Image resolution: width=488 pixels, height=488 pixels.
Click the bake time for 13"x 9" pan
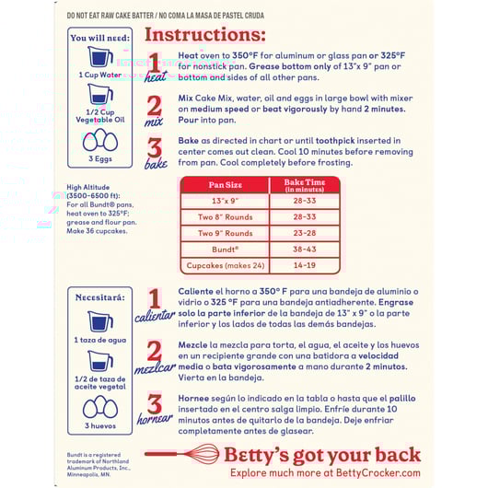(305, 201)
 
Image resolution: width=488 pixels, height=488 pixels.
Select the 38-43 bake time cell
(305, 250)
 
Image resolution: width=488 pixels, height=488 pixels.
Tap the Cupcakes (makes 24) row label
(226, 265)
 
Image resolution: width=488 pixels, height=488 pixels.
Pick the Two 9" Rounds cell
(226, 233)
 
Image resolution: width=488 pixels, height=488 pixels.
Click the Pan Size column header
(226, 185)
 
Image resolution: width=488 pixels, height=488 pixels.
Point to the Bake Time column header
(305, 185)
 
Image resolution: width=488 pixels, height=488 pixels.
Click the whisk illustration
(182, 454)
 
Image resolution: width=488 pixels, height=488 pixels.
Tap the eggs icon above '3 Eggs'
(100, 140)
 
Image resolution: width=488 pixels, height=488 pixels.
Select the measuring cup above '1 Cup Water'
(100, 56)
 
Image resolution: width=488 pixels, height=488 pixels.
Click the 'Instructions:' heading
(205, 35)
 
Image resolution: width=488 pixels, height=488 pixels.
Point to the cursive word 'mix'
(154, 122)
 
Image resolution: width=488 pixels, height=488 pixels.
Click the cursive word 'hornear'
(155, 419)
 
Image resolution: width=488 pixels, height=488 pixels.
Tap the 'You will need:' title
(100, 38)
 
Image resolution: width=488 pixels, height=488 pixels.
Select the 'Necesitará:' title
(100, 297)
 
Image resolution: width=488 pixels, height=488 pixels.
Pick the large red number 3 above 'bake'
(155, 148)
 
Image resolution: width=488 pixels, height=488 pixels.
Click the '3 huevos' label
(100, 425)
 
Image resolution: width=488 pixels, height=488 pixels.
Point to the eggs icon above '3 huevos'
(100, 406)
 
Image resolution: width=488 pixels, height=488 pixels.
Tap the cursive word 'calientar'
(155, 316)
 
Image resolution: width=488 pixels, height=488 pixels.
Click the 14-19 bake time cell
(305, 265)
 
